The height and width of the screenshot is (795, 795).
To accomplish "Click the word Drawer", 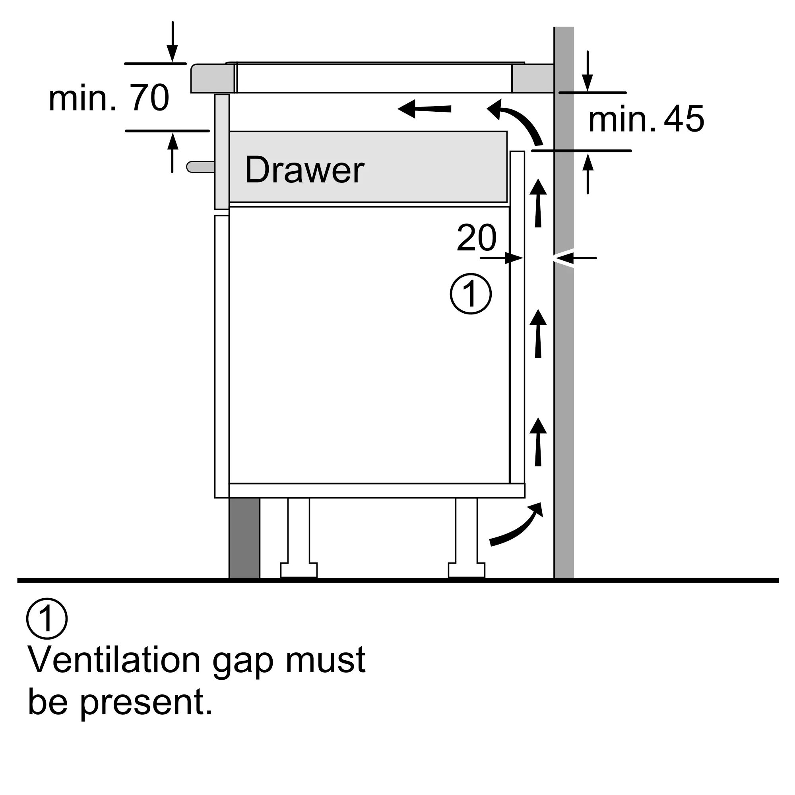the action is coord(304,170).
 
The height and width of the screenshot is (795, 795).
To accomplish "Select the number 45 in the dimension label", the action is coord(683,119).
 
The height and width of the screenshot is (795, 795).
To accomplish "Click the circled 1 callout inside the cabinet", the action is coord(471,294).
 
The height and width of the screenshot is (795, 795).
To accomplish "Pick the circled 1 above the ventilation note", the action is coord(47,619).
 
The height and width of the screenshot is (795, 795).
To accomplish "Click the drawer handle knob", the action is coord(200,167).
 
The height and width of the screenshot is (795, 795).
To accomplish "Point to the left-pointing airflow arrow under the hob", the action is coord(424,109).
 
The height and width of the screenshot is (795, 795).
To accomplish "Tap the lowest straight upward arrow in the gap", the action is coord(538,442).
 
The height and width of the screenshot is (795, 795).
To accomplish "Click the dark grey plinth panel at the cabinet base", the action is coord(244,538).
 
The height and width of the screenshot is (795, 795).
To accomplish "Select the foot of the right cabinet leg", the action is coord(467,570).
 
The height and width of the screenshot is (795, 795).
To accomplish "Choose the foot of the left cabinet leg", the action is coord(299,570).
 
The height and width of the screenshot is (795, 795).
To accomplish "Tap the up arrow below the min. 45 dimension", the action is coord(588,173).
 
